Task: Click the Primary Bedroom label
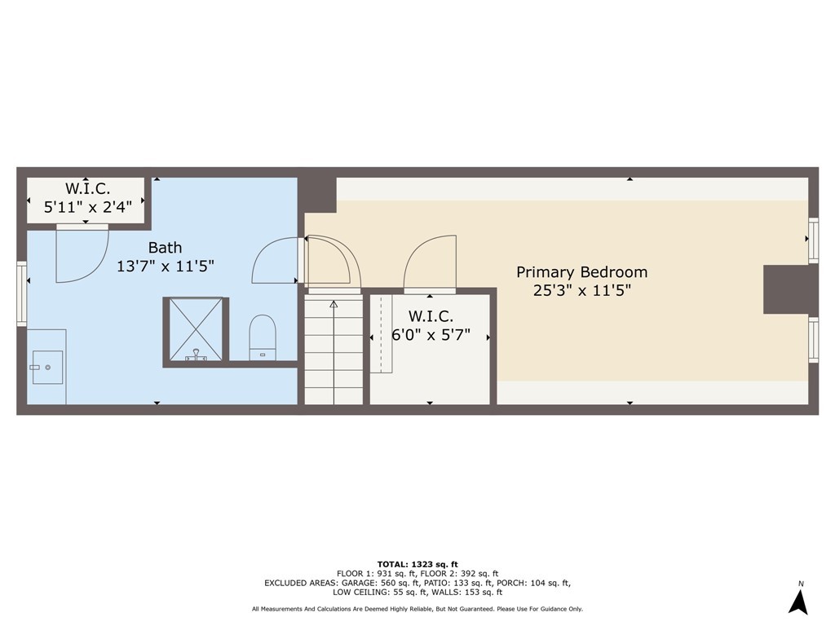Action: (x=581, y=272)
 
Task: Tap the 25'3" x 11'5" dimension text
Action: (x=581, y=291)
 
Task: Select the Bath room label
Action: (x=165, y=248)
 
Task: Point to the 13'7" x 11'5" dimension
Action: (x=165, y=266)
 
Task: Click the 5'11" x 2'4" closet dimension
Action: (x=88, y=206)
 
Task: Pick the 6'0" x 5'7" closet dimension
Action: (x=431, y=335)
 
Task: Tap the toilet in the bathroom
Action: (x=263, y=337)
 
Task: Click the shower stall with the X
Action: (x=196, y=329)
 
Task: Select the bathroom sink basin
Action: (x=48, y=367)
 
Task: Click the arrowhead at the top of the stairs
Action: (x=334, y=305)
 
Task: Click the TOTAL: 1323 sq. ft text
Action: (x=417, y=564)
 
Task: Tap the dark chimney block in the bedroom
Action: (x=790, y=289)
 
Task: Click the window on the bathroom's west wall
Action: (x=21, y=293)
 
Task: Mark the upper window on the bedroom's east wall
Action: (x=813, y=240)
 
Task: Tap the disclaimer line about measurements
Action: (x=417, y=609)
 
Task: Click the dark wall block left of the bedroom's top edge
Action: (x=317, y=194)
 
